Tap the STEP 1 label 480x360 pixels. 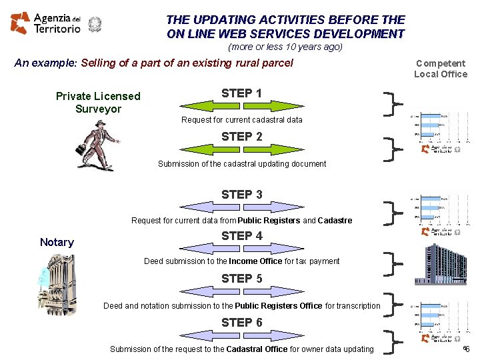pyautogui.click(x=241, y=93)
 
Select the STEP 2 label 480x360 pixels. pyautogui.click(x=241, y=137)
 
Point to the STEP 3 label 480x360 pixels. pyautogui.click(x=241, y=195)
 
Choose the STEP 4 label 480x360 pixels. pyautogui.click(x=241, y=235)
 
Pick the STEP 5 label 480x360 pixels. pyautogui.click(x=241, y=279)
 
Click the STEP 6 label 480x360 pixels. pyautogui.click(x=241, y=323)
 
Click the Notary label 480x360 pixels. pyautogui.click(x=57, y=242)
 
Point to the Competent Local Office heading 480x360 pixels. pyautogui.click(x=440, y=69)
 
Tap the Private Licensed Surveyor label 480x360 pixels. pyautogui.click(x=98, y=102)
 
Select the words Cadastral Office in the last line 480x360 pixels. pyautogui.click(x=257, y=349)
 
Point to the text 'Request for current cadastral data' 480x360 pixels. pyautogui.click(x=241, y=120)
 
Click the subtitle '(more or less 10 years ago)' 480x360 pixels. pyautogui.click(x=285, y=47)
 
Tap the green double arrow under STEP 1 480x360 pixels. pyautogui.click(x=241, y=105)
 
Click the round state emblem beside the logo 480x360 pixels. pyautogui.click(x=95, y=25)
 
